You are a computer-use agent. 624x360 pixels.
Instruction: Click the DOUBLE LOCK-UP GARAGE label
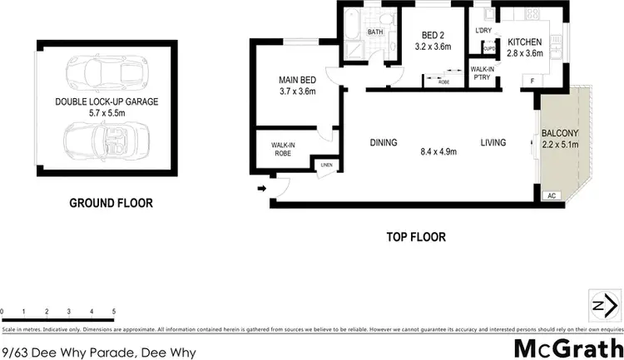point(106,102)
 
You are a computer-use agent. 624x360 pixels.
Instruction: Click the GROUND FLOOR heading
point(111,202)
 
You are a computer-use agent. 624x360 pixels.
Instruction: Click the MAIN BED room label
point(297,81)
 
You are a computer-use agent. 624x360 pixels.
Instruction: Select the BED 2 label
point(432,35)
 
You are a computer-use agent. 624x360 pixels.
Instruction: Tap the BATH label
point(374,32)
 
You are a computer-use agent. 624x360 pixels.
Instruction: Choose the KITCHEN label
point(525,42)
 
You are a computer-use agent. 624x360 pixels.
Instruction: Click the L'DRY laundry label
point(483,31)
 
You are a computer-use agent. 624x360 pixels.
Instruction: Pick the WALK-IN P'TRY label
point(483,73)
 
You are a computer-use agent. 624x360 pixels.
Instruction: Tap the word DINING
point(384,143)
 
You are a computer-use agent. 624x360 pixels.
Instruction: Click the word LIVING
point(493,143)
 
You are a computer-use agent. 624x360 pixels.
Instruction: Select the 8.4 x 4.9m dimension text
point(440,151)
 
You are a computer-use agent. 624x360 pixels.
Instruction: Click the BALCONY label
point(559,132)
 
